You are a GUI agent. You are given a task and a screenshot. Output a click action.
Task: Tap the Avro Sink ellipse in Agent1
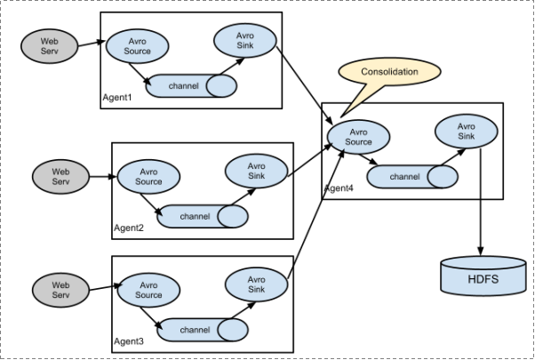[x=244, y=40]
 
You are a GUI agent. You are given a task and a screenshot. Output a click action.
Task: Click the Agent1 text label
[x=117, y=97]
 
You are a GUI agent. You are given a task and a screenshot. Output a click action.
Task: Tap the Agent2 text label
[x=129, y=228]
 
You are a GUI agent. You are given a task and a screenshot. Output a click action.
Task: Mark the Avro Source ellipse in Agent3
[x=148, y=290]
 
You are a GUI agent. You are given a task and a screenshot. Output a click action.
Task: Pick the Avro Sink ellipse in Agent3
[x=257, y=285]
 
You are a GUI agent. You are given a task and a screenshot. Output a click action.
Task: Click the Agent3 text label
[x=129, y=342]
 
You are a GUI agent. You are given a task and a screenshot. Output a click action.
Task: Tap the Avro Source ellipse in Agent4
[x=359, y=137]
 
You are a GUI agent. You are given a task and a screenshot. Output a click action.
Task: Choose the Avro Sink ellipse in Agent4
[x=467, y=132]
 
